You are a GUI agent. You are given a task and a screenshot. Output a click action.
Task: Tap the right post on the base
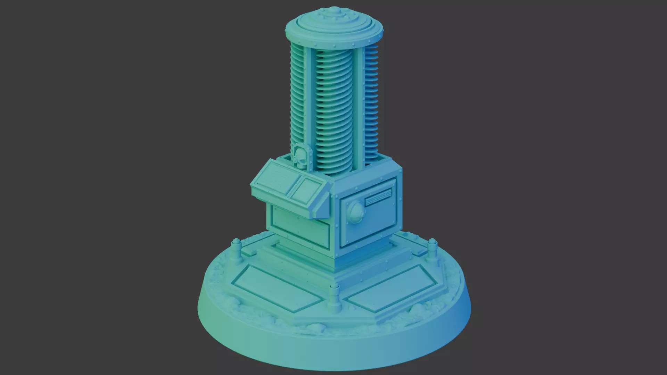coord(432,249)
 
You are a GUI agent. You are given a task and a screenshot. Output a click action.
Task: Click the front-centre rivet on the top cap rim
coord(333,44)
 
